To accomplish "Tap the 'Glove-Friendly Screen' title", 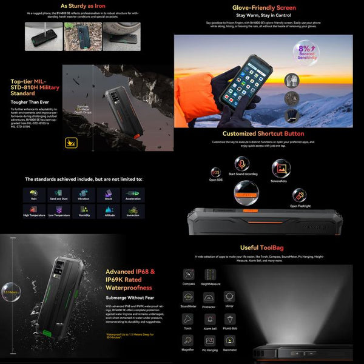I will point(264,8).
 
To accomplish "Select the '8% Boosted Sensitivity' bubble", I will point(306,52).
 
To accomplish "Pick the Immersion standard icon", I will point(133,211).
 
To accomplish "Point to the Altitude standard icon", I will point(109,211).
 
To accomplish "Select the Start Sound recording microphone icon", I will point(242,165).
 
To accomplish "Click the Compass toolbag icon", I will point(189,274).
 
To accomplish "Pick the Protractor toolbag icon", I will point(209,297).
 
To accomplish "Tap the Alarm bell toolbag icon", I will point(209,319).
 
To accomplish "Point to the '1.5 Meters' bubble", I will point(9,291).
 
